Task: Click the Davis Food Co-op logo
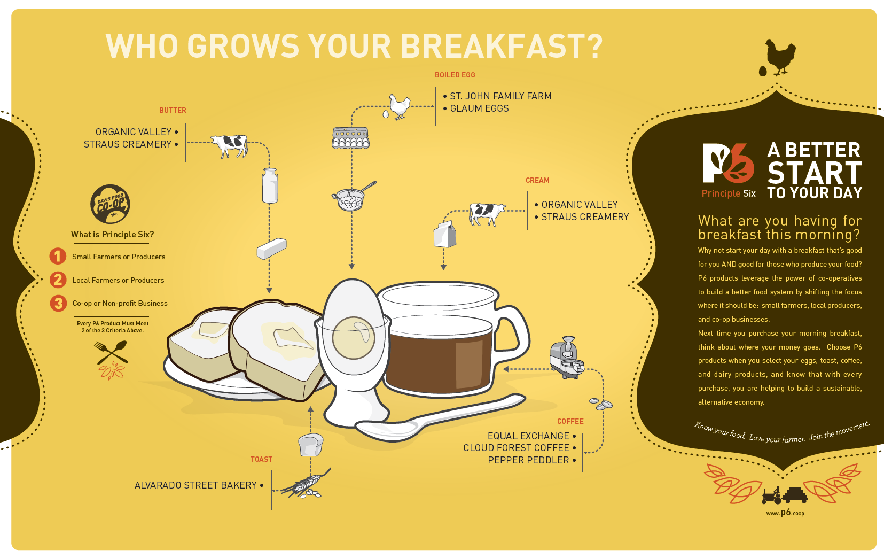(110, 204)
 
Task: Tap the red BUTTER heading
(173, 110)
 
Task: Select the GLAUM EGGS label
(479, 108)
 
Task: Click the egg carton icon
(350, 138)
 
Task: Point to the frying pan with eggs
(353, 196)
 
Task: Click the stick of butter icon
(271, 249)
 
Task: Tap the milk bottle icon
(270, 185)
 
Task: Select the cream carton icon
(445, 234)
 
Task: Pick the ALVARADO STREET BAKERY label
(195, 485)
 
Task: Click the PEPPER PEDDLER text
(528, 461)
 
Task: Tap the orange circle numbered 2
(58, 280)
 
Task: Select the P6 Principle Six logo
(729, 170)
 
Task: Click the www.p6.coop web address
(785, 513)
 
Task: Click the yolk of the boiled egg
(353, 338)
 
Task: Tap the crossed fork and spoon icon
(111, 352)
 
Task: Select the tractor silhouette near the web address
(772, 495)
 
